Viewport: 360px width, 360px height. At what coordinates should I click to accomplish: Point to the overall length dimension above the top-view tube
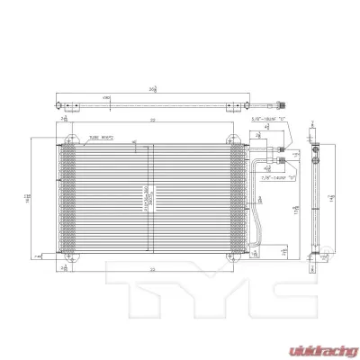click(153, 88)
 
